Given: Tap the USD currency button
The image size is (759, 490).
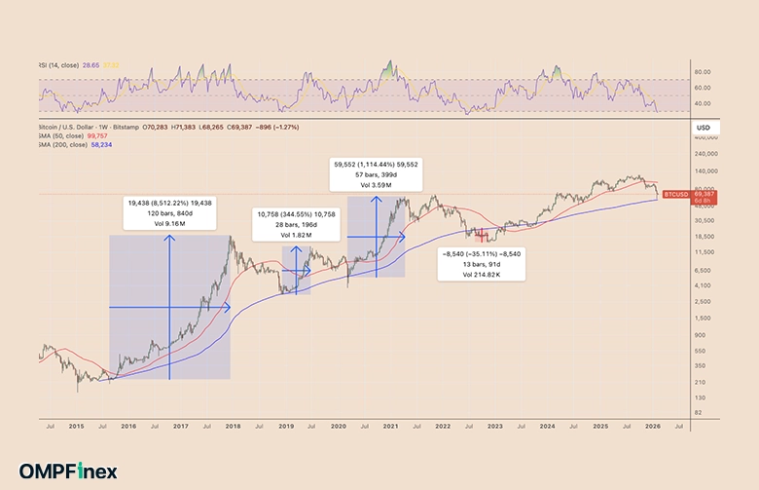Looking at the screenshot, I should tap(703, 129).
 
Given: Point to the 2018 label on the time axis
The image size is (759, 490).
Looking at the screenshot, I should tap(234, 427).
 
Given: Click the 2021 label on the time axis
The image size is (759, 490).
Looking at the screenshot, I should tap(391, 427).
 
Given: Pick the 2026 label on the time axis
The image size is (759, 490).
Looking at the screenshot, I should tap(655, 427).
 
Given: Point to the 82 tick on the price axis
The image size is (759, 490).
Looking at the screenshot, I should tap(697, 413).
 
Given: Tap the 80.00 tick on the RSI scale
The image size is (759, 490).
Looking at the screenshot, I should tap(703, 71).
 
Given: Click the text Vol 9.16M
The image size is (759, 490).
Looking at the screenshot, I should tap(170, 224).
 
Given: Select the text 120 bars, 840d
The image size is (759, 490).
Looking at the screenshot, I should tap(170, 212).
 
